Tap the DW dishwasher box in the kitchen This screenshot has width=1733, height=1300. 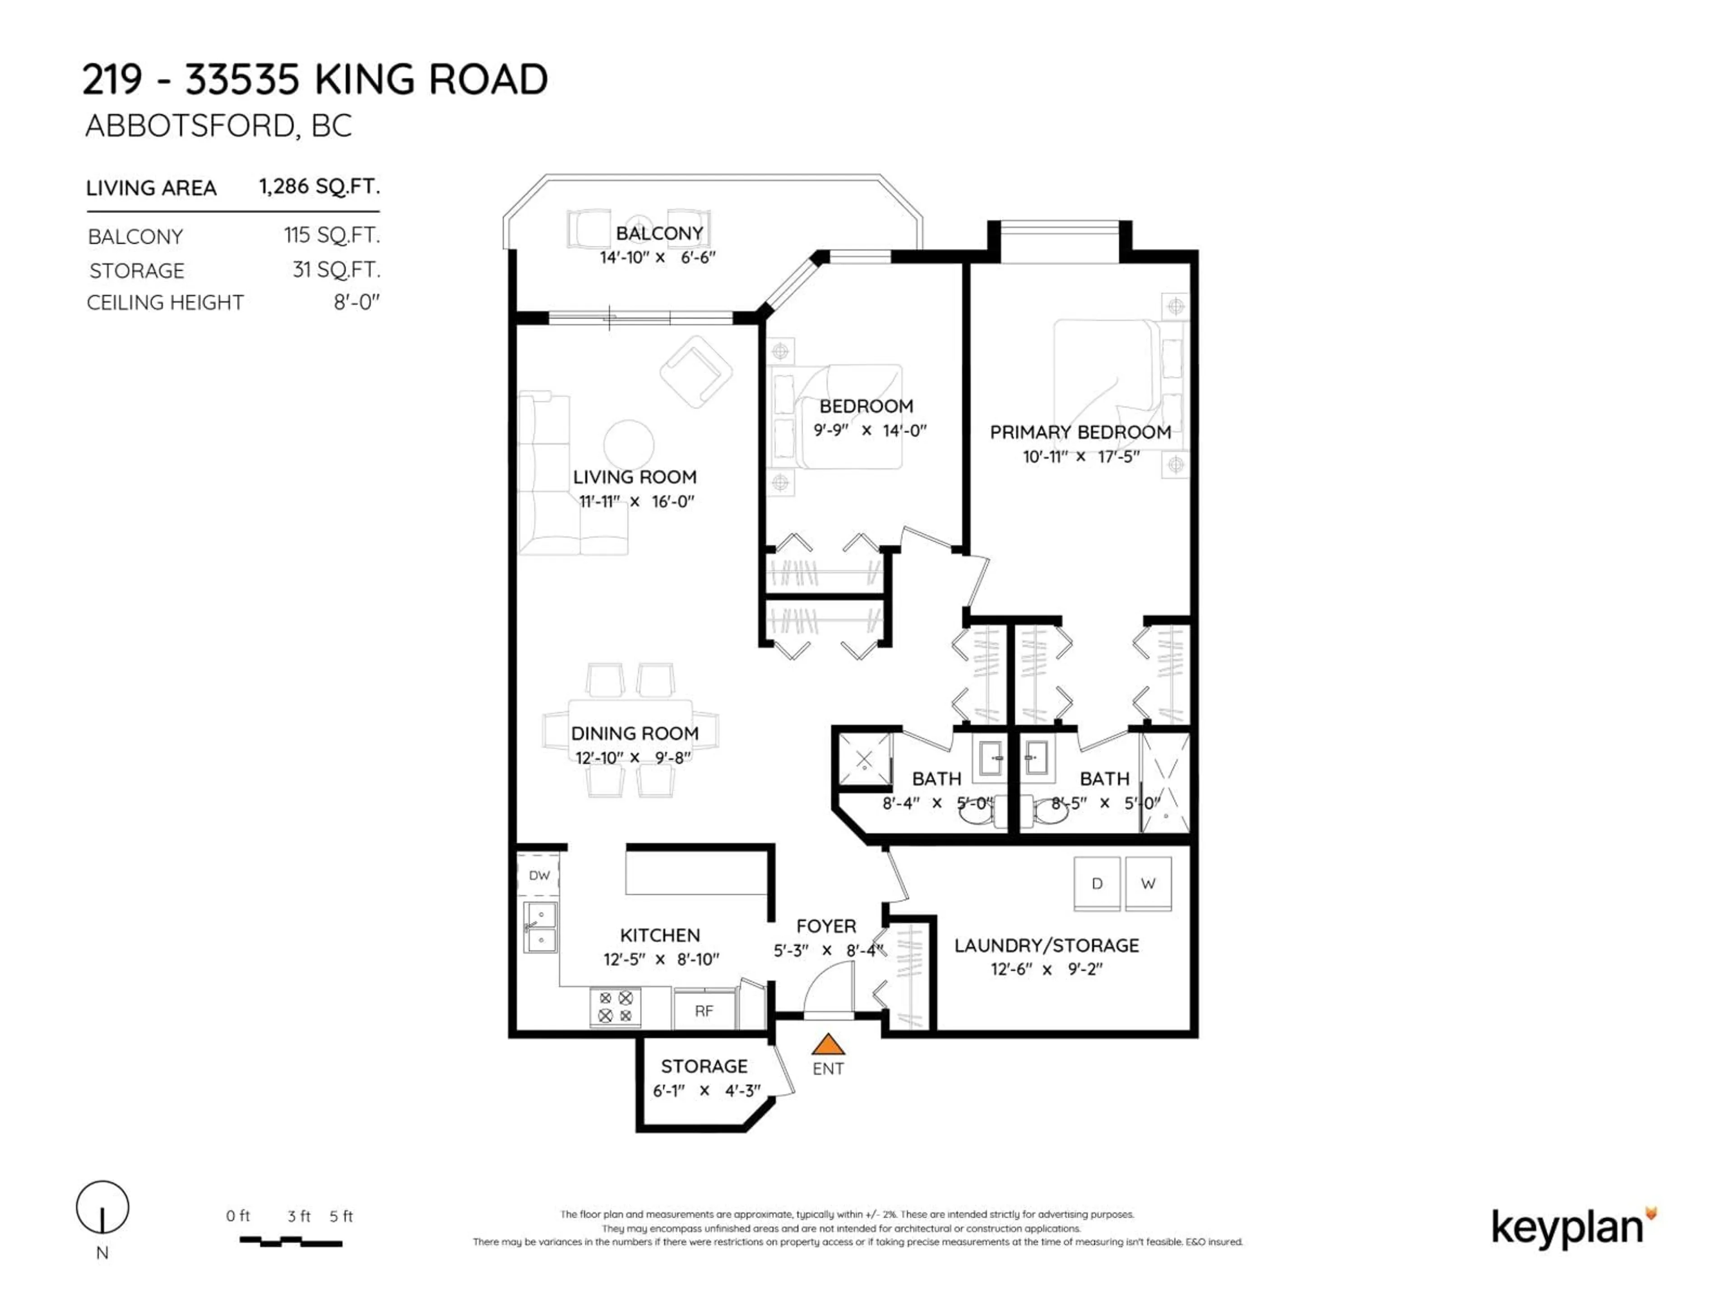pyautogui.click(x=539, y=875)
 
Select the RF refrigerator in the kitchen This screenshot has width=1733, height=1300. pyautogui.click(x=704, y=1011)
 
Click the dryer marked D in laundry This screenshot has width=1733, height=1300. pyautogui.click(x=1096, y=883)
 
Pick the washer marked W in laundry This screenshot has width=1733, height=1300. pyautogui.click(x=1148, y=883)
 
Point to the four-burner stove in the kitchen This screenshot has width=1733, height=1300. pyautogui.click(x=615, y=1007)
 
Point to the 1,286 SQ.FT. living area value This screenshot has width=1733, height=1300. pyautogui.click(x=319, y=186)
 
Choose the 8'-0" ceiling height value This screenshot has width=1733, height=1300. pyautogui.click(x=357, y=302)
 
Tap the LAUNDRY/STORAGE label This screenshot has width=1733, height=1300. pyautogui.click(x=1046, y=945)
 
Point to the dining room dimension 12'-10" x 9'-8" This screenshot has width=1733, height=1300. pyautogui.click(x=634, y=758)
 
